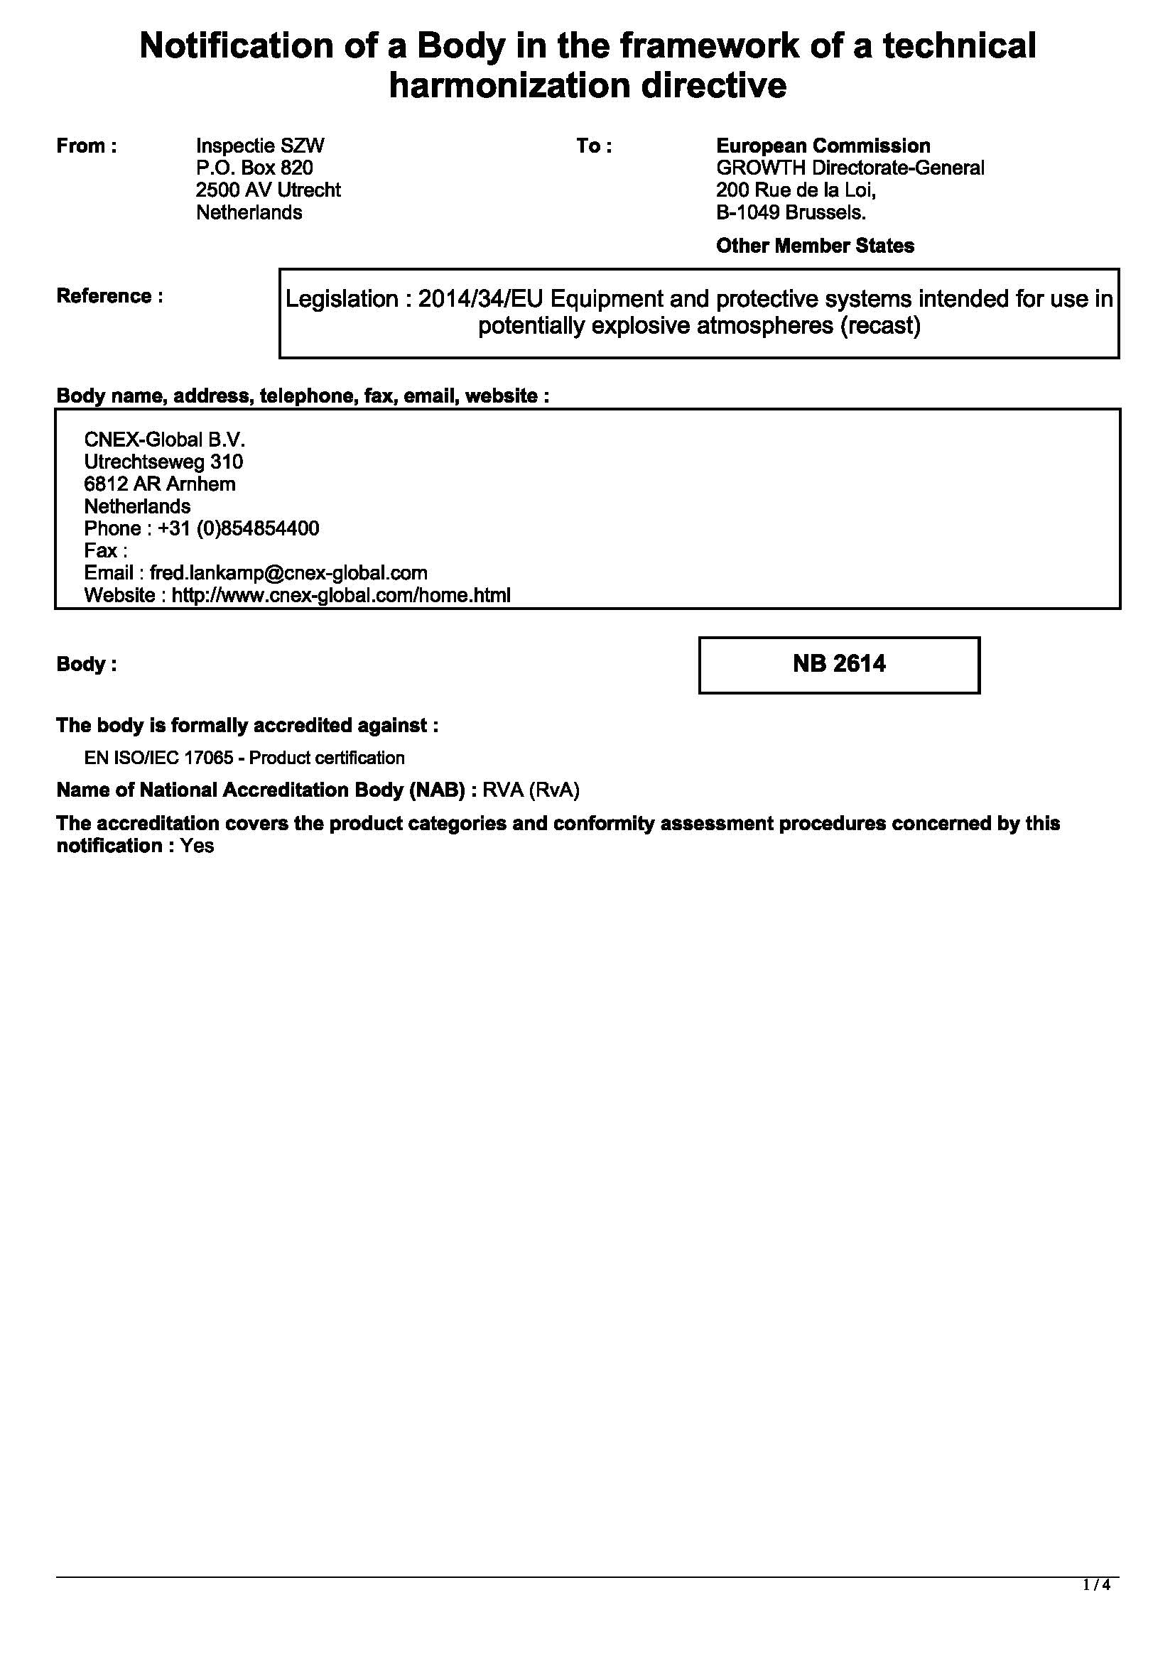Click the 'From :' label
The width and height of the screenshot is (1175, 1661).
click(x=86, y=146)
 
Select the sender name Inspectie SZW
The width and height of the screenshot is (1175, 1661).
click(x=260, y=146)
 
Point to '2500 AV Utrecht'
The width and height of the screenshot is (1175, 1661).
click(x=268, y=190)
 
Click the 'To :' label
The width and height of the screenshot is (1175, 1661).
click(x=594, y=146)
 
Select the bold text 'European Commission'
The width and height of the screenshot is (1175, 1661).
click(x=823, y=146)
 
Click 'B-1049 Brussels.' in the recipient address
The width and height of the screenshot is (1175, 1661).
click(x=791, y=213)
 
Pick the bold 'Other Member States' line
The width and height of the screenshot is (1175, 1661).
click(x=815, y=246)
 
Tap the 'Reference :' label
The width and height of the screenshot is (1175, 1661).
click(x=109, y=296)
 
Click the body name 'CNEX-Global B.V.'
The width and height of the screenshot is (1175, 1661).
click(x=165, y=440)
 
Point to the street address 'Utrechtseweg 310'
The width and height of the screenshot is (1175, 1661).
click(x=163, y=462)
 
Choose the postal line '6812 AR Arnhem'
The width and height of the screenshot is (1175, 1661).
click(x=160, y=484)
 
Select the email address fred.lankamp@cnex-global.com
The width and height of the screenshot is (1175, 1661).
click(x=288, y=573)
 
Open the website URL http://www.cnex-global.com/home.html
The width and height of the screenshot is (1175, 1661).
click(x=340, y=595)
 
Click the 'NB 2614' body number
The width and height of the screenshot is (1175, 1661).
click(x=838, y=664)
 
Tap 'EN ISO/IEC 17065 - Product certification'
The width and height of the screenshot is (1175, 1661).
click(x=244, y=758)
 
